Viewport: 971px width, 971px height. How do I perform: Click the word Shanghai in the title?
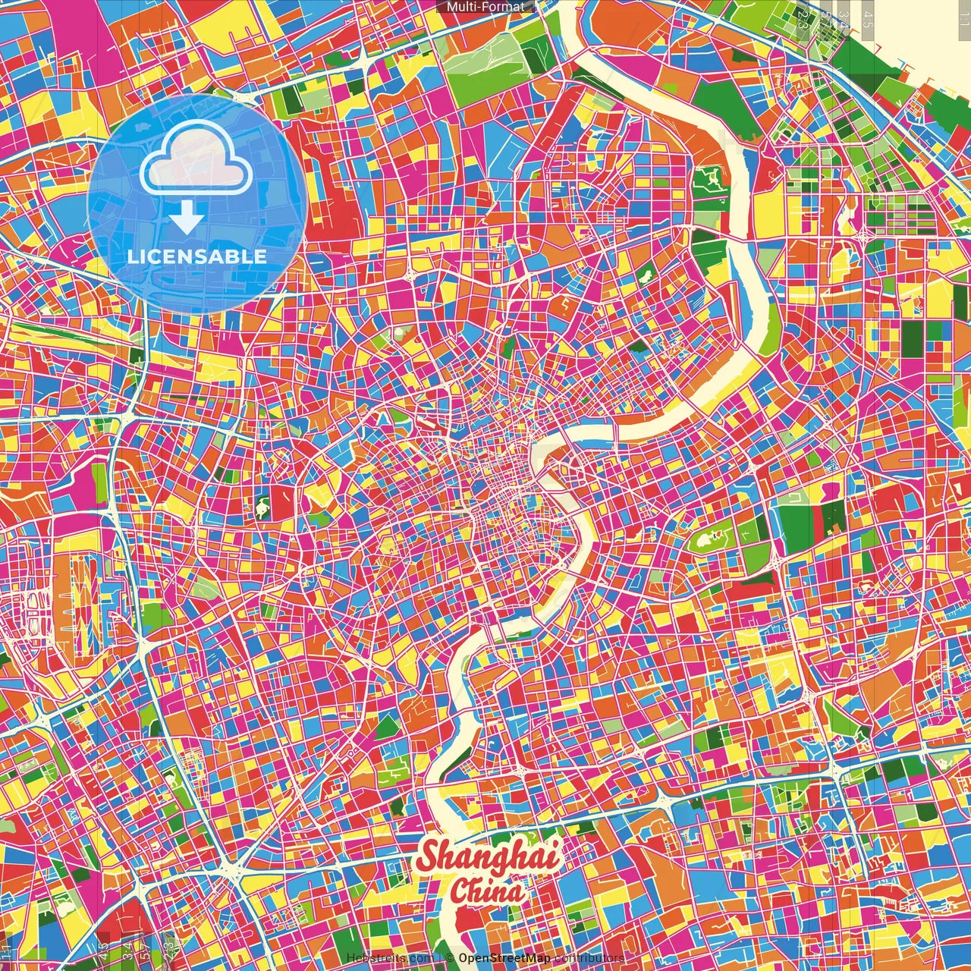click(x=489, y=856)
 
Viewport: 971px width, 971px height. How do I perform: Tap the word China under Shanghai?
click(x=487, y=891)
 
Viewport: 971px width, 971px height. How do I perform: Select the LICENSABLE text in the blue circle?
click(x=197, y=256)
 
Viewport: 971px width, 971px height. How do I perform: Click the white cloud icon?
click(x=196, y=158)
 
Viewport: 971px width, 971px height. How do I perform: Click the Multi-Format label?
click(x=485, y=7)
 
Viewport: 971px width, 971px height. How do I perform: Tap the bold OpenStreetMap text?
click(x=503, y=958)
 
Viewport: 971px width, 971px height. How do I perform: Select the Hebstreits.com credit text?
click(x=390, y=958)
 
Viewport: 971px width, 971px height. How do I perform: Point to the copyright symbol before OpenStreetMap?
click(x=449, y=958)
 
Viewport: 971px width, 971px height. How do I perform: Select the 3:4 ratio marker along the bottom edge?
click(x=127, y=948)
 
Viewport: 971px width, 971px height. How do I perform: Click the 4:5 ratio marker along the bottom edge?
click(x=104, y=948)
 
